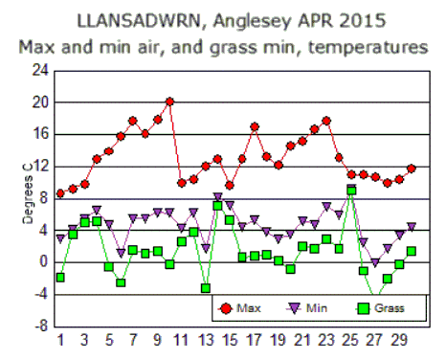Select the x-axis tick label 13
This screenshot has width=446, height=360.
206,340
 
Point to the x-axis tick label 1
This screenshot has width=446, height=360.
60,340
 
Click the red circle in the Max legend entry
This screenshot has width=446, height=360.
226,308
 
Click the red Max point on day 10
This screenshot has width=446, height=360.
169,101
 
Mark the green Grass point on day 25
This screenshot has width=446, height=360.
351,190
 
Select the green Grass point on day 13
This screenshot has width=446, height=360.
206,287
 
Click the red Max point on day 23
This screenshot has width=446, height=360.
327,121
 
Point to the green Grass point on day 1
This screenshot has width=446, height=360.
60,277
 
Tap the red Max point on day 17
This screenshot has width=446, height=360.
255,126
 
